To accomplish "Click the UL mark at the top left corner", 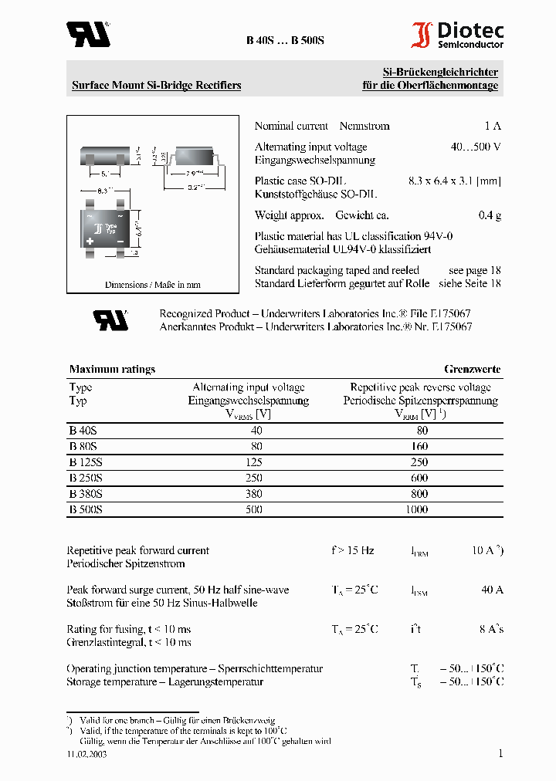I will coord(87,34).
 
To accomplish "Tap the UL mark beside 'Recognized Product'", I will coord(110,319).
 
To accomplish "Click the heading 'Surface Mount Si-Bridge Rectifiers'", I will coord(156,85).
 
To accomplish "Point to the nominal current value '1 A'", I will coord(493,126).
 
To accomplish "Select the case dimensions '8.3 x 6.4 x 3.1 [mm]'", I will coord(454,181).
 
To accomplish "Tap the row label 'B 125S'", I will coord(86,462).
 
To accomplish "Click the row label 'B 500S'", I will coord(86,509).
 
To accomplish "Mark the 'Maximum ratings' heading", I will coord(112,369).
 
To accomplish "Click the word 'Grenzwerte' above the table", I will coord(472,369).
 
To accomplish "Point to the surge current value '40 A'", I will coord(492,590).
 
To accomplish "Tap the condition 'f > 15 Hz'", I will coord(353,550).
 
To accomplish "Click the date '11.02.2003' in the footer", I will coord(86,755).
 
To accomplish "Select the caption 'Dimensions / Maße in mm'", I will coord(152,285).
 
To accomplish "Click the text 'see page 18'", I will coord(474,270).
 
